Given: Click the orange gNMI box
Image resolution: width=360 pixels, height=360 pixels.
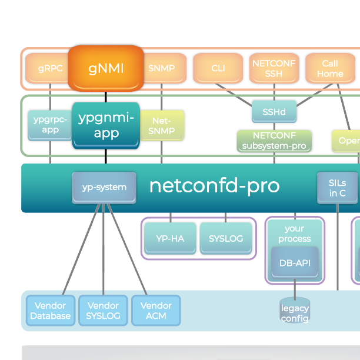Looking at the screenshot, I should coord(106,68).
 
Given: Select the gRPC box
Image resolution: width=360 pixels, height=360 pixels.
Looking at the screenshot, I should coord(50,68).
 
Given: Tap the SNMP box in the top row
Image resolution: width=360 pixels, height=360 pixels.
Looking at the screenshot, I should coord(161,68).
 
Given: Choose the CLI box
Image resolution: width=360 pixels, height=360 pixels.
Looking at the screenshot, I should coord(218,68).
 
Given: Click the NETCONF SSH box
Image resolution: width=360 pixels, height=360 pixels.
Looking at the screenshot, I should coord(274,68).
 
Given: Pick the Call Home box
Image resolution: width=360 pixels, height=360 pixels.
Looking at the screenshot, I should coord(330,68).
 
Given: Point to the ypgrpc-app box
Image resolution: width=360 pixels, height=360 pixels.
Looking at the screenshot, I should coord(50,125).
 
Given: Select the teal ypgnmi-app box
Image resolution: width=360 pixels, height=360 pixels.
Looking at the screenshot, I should coord(106,125).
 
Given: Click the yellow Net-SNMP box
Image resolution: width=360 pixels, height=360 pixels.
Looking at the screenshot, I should coord(162,125).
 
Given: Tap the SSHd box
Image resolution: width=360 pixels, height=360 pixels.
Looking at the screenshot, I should coord(274,111).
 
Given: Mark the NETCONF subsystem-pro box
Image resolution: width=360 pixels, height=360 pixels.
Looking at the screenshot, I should coord(274,141).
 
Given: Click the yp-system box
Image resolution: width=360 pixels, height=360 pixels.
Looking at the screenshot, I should coord(104,187).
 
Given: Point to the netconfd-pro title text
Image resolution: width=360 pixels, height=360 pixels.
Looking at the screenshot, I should coord(214,186).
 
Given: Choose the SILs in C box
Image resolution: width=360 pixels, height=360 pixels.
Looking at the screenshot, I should coord(337,188).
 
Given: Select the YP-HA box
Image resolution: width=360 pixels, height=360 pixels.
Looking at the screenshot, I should coord(171,238).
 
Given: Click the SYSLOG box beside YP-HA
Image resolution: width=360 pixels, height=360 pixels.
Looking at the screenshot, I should coord(225,238).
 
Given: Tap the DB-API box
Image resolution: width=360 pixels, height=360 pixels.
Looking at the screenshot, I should coord(295,263).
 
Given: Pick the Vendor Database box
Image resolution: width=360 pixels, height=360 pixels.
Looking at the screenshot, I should coord(51,311).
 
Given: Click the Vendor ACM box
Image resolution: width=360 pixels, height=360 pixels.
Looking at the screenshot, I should coord(156,311).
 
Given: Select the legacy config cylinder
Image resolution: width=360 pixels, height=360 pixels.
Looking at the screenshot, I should coord(295,312).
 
